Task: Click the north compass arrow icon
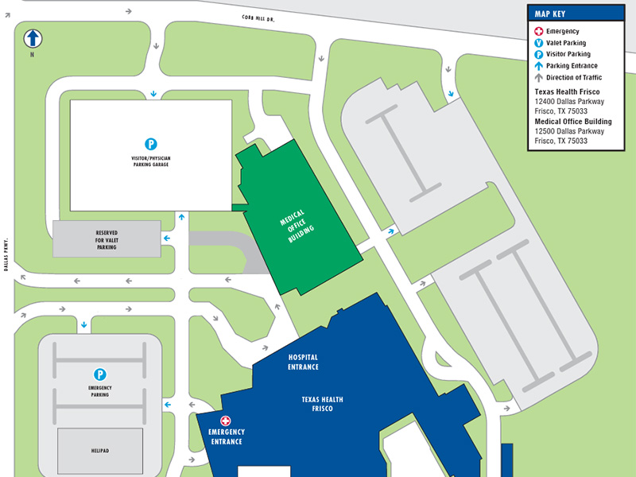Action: click(33, 37)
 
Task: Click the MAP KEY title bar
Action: click(576, 13)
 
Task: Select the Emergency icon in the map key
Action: click(538, 31)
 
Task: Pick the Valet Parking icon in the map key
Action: click(538, 43)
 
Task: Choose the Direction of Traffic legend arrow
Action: click(538, 78)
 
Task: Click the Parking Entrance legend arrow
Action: click(538, 66)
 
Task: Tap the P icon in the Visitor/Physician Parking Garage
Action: click(151, 144)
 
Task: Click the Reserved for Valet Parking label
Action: click(107, 240)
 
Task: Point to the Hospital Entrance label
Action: click(304, 363)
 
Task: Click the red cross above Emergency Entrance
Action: click(226, 421)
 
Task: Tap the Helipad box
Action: click(100, 451)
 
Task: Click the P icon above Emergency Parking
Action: click(100, 374)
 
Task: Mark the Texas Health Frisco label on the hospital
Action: click(322, 404)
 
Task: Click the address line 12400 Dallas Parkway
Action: click(569, 102)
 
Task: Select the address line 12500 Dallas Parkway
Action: click(569, 131)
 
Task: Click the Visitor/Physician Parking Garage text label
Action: click(151, 161)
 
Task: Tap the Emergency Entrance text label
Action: click(226, 436)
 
